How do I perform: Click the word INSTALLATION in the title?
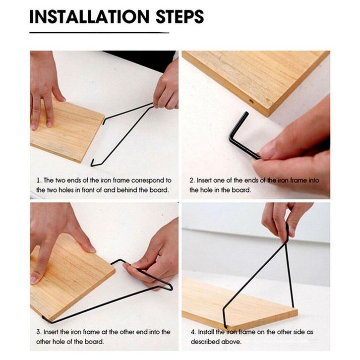(90, 16)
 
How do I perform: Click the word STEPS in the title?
(180, 16)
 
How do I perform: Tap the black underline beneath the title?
(99, 33)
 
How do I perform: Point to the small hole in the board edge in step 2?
(251, 101)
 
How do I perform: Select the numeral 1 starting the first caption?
(38, 180)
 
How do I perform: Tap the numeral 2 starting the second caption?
(192, 180)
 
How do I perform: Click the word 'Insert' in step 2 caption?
(204, 180)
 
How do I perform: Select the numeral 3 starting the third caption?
(38, 332)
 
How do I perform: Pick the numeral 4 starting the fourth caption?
(193, 332)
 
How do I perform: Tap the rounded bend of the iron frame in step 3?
(171, 287)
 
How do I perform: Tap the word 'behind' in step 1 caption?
(127, 190)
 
